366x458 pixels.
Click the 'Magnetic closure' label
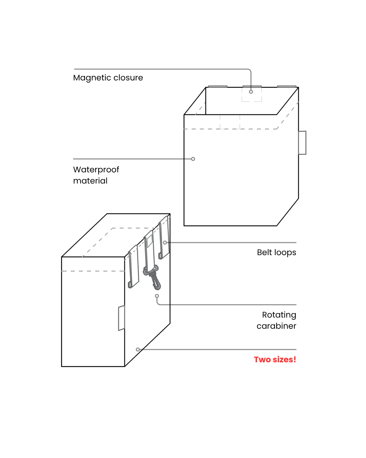[108, 78]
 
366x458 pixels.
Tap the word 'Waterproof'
[96, 170]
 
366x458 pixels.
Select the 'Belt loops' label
[277, 252]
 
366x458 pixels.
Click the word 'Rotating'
[279, 315]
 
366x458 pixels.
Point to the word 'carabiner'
[276, 326]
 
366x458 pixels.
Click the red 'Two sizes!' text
[275, 360]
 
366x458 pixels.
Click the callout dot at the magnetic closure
[251, 92]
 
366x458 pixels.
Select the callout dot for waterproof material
[193, 159]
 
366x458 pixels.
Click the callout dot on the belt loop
[165, 243]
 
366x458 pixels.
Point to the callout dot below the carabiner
[157, 296]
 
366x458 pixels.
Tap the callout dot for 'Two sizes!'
[138, 349]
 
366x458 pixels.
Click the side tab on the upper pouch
[302, 143]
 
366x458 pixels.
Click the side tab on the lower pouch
[121, 318]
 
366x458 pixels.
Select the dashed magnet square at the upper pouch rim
[251, 95]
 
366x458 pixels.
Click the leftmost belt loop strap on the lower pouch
[134, 267]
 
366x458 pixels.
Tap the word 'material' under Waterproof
[90, 181]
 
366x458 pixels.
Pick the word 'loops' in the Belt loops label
[285, 252]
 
